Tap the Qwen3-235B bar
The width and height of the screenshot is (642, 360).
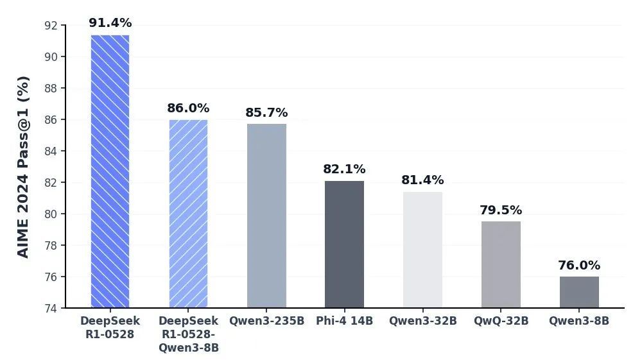pos(266,216)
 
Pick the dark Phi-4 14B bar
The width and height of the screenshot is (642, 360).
pos(344,244)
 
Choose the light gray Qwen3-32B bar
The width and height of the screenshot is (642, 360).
pos(422,250)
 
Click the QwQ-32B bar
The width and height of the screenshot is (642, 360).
pos(501,264)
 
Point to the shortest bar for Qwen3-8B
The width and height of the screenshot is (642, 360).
pos(579,292)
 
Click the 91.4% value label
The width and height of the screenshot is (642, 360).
pos(110,23)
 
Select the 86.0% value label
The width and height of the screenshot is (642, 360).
pos(188,108)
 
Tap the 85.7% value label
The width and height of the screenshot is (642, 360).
pos(266,113)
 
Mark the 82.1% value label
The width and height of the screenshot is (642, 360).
pos(344,169)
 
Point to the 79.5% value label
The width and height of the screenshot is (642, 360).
pos(501,210)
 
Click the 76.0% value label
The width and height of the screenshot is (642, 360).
pos(579,266)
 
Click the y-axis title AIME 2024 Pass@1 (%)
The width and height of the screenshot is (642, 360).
pos(23,167)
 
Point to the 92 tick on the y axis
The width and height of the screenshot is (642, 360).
pos(51,26)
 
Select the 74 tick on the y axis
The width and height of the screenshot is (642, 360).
pos(51,308)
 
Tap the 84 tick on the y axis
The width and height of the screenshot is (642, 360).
pos(51,151)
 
